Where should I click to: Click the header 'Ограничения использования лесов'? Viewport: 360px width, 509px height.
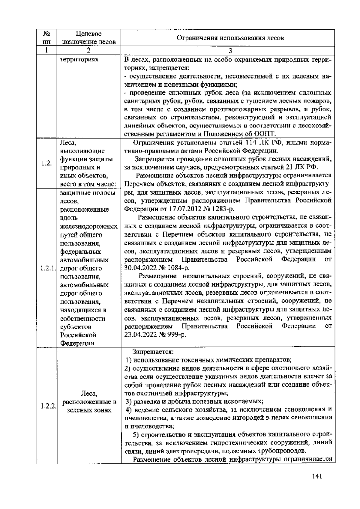(230, 38)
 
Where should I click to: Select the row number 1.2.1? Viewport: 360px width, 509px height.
(46, 268)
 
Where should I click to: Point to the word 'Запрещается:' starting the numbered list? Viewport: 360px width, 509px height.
(153, 351)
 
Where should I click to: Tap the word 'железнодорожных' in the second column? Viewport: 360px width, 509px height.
(88, 226)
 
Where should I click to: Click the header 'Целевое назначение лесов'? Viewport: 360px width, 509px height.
(88, 38)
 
